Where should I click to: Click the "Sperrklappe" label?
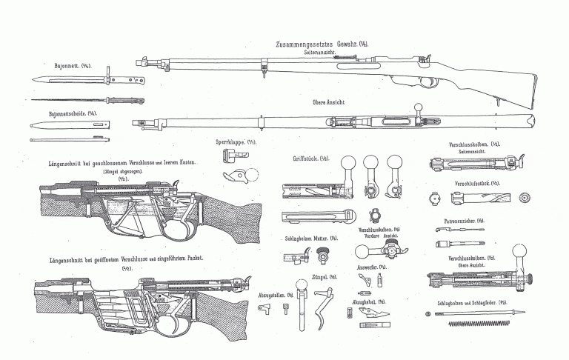(230, 141)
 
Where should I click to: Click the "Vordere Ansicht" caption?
(379, 235)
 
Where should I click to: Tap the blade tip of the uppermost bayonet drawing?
(34, 79)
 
